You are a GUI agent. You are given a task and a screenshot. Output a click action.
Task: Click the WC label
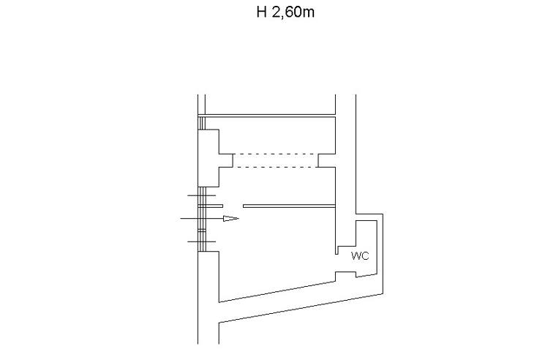[x=360, y=256]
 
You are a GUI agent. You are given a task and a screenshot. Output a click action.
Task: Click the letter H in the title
[x=262, y=12]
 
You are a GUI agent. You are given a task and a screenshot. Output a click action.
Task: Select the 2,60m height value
[x=293, y=12]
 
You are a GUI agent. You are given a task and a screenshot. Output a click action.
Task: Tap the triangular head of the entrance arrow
[x=231, y=219]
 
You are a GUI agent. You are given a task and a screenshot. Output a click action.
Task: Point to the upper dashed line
[x=275, y=154]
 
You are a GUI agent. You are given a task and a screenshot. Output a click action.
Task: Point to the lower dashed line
[x=275, y=167]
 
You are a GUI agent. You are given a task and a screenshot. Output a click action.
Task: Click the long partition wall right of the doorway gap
[x=289, y=206]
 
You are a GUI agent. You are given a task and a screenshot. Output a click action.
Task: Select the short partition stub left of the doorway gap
[x=210, y=206]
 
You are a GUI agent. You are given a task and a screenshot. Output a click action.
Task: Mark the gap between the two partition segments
[x=233, y=206]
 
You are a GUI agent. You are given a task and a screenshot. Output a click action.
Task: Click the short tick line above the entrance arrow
[x=202, y=195]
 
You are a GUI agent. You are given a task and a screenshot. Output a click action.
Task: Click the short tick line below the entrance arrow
[x=202, y=241]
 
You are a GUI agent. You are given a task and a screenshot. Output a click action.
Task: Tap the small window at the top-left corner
[x=202, y=123]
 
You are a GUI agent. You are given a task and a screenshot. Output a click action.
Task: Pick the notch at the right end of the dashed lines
[x=326, y=160]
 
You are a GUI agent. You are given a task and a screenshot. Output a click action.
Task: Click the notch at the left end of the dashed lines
[x=225, y=160]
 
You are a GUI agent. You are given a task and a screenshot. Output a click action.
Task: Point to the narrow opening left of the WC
[x=337, y=250]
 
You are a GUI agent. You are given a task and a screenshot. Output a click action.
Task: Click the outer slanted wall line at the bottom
[x=301, y=308]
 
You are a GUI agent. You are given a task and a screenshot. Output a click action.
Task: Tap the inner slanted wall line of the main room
[x=277, y=291]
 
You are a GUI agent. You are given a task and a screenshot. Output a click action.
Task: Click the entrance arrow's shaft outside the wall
[x=190, y=218]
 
